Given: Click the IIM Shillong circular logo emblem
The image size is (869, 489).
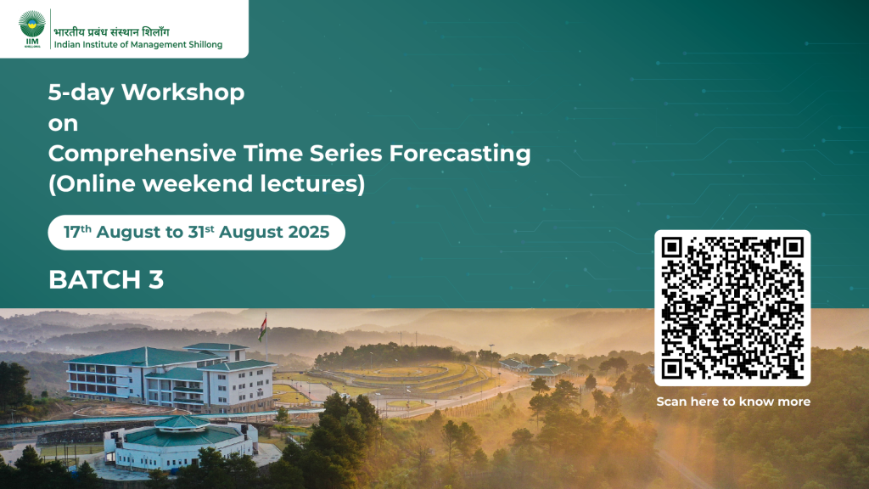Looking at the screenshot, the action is tap(32, 25).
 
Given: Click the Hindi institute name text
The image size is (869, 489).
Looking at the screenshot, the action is tap(111, 31).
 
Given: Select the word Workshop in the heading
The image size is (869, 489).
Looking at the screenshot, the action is tap(183, 93).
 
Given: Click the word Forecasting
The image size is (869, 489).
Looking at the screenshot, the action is tap(460, 154).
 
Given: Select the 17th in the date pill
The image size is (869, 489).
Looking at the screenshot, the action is tap(77, 232).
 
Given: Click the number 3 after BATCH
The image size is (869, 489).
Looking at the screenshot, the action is tap(156, 280).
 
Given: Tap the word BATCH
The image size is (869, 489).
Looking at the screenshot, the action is tap(95, 280).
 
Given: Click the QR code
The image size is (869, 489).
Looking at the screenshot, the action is tap(732, 308).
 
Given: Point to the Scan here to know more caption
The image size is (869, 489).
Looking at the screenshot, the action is tap(733, 402).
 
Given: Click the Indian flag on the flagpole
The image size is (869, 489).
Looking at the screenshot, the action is tap(262, 327).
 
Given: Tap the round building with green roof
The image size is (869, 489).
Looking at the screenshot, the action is tap(182, 441).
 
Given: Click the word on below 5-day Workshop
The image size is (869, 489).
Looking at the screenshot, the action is tap(63, 124).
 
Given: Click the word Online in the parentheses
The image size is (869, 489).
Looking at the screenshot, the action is tap(95, 183).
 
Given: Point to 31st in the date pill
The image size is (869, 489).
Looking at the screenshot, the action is tap(200, 232).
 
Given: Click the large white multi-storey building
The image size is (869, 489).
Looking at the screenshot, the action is tap(171, 377).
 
